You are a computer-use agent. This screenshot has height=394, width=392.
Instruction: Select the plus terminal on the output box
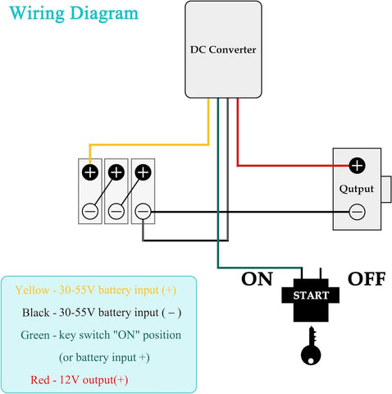pyautogui.click(x=357, y=166)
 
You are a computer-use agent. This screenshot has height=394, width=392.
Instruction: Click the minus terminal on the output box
pyautogui.click(x=357, y=213)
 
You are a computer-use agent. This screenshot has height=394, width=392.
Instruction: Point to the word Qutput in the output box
pyautogui.click(x=356, y=189)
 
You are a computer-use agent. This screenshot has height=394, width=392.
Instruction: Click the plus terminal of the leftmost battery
pyautogui.click(x=89, y=172)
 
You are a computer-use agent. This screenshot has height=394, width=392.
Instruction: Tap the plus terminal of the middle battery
pyautogui.click(x=116, y=172)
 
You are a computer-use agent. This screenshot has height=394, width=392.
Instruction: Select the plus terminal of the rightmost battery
pyautogui.click(x=143, y=172)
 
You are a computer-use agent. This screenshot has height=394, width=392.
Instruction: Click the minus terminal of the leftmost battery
pyautogui.click(x=89, y=211)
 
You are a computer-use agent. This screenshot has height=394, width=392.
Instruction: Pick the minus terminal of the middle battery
pyautogui.click(x=116, y=211)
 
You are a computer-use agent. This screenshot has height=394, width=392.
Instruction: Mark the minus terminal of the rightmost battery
pyautogui.click(x=143, y=211)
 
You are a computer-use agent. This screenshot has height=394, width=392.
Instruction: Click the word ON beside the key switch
pyautogui.click(x=256, y=279)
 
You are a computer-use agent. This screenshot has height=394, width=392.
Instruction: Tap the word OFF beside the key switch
pyautogui.click(x=367, y=279)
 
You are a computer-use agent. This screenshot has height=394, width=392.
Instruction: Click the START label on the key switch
pyautogui.click(x=311, y=295)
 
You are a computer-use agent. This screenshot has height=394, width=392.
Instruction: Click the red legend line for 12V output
pyautogui.click(x=79, y=380)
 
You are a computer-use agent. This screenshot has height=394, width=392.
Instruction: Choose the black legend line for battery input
pyautogui.click(x=102, y=313)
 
